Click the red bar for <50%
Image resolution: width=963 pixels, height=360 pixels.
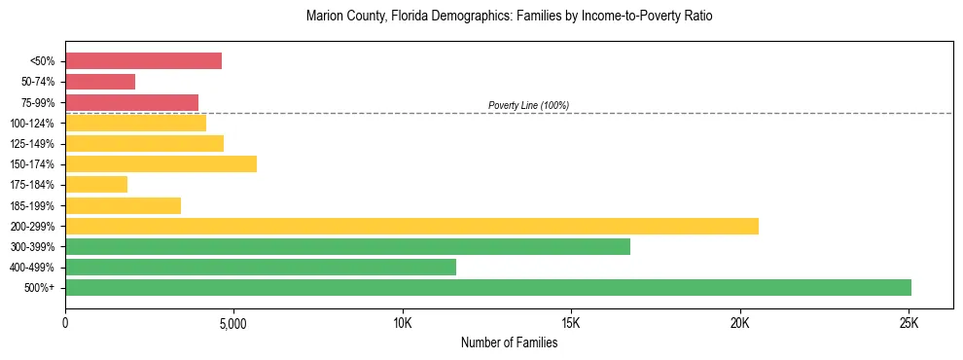pos(143,61)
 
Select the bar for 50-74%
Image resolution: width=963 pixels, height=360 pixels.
pos(100,82)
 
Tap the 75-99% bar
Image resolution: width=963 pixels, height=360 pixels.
pos(131,102)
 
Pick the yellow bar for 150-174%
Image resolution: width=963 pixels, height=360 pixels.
pos(160,164)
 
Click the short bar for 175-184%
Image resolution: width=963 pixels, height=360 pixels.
pos(96,185)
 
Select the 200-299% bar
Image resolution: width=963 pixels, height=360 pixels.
pos(411,226)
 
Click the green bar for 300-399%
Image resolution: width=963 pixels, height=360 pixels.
pos(347,246)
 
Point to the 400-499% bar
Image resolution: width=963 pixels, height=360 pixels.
pos(261,267)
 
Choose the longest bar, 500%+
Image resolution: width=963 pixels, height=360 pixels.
pos(488,288)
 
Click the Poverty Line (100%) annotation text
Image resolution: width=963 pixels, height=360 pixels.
pos(528,105)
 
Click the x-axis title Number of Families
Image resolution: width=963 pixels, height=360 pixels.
pos(509,342)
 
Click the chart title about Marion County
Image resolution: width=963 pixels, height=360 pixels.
pos(509,17)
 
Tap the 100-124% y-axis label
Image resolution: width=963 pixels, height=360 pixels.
pos(32,124)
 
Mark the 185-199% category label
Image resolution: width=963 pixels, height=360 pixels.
pos(32,205)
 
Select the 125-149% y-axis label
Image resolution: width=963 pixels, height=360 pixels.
pos(32,144)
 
